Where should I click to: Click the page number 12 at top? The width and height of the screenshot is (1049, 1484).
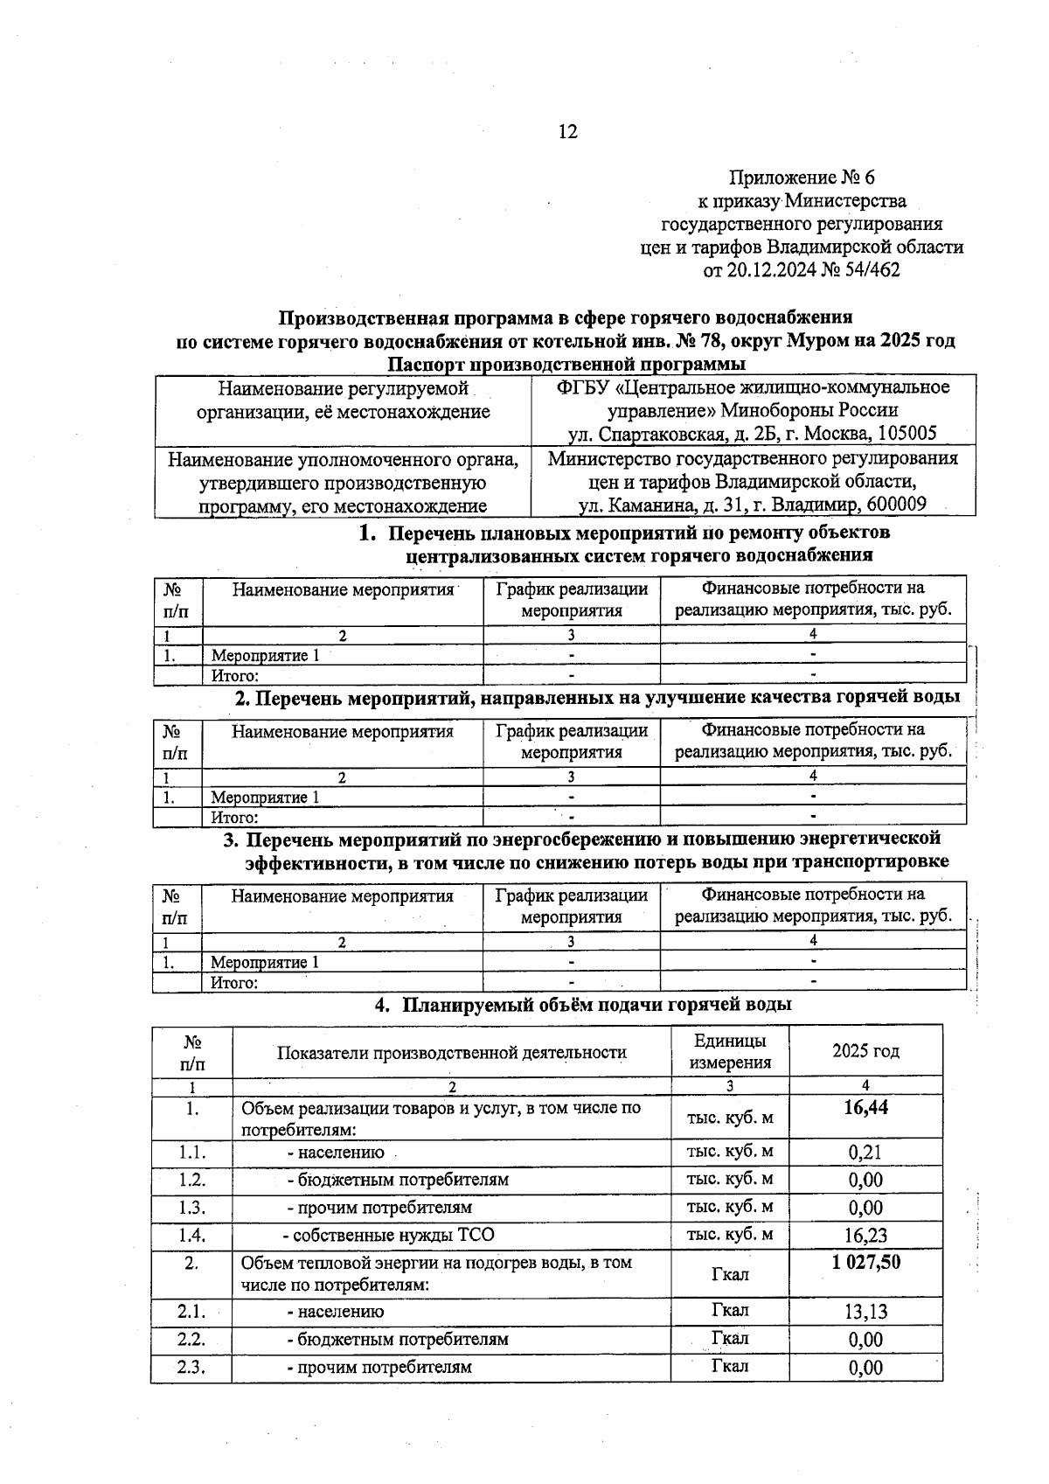567,132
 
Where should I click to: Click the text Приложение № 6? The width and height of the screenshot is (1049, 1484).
802,178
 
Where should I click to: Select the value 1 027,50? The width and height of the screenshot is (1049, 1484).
865,1262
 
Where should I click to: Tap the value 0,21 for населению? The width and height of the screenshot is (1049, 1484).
865,1153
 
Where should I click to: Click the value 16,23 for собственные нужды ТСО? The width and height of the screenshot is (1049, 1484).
865,1235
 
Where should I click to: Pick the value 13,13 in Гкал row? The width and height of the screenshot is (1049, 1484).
865,1312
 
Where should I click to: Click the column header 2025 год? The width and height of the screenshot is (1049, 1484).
865,1051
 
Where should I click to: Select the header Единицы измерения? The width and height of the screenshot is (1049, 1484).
730,1051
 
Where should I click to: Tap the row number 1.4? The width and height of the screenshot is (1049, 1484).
191,1235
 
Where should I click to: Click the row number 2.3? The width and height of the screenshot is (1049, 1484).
191,1367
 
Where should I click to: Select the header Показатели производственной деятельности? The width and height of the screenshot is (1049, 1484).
451,1052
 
